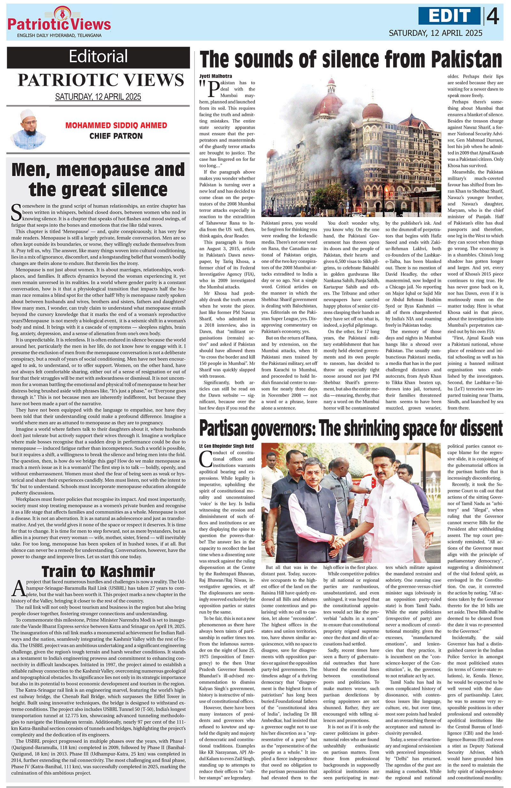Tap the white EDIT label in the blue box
click(449, 16)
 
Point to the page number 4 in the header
click(493, 16)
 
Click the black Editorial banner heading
click(98, 56)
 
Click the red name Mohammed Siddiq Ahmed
click(116, 125)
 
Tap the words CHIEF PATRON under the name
click(116, 136)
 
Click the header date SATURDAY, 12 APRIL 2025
click(436, 33)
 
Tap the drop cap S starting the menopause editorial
click(16, 212)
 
